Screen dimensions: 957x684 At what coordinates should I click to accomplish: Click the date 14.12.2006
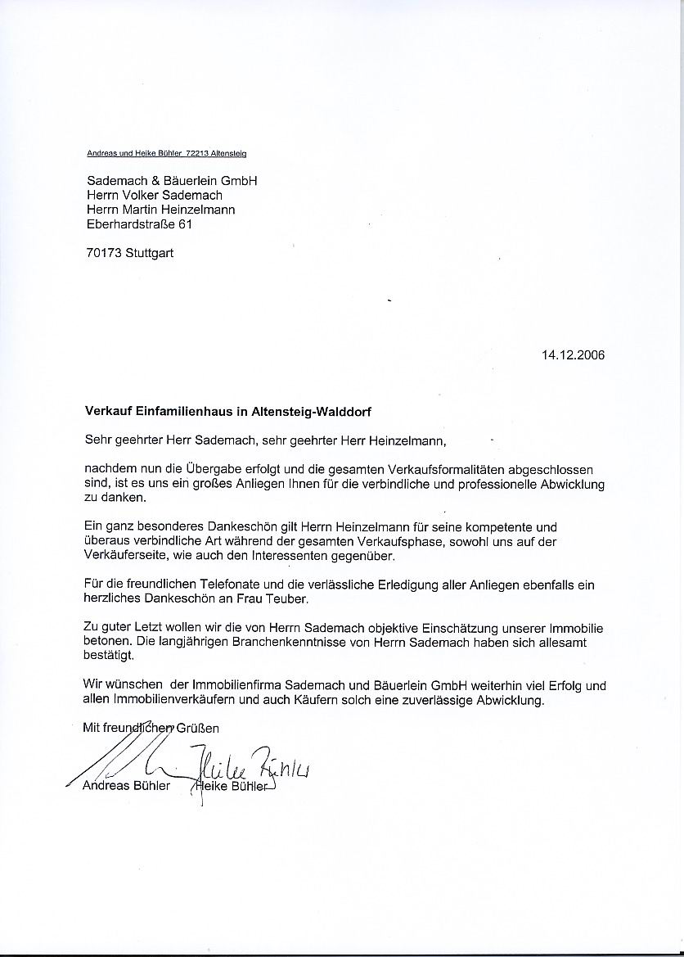pyautogui.click(x=573, y=355)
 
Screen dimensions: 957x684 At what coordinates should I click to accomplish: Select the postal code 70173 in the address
pyautogui.click(x=103, y=253)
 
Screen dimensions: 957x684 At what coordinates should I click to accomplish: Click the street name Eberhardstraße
pyautogui.click(x=130, y=223)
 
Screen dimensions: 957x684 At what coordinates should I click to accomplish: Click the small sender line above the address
pyautogui.click(x=166, y=153)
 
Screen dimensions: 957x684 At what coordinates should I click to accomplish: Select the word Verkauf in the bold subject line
pyautogui.click(x=106, y=413)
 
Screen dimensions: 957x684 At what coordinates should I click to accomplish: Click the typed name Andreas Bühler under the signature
pyautogui.click(x=127, y=787)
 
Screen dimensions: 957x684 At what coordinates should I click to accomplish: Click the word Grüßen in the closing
pyautogui.click(x=199, y=727)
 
